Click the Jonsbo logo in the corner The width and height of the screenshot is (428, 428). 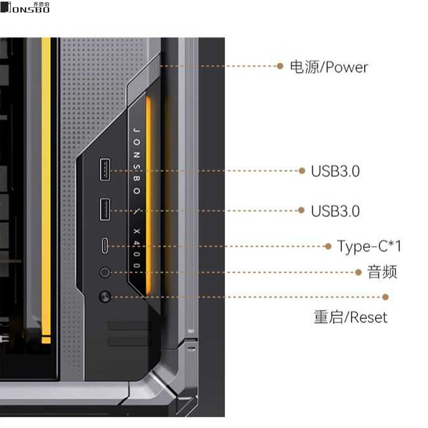tap(25, 7)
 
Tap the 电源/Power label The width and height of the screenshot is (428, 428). tap(329, 67)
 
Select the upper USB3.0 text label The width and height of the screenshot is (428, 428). tap(335, 171)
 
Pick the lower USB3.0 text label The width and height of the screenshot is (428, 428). tap(335, 211)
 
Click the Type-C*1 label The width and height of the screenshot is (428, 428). tap(369, 246)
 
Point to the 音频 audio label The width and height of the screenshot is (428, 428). tap(382, 272)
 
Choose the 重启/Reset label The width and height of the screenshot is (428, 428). tap(350, 317)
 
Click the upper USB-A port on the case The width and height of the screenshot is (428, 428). tap(105, 169)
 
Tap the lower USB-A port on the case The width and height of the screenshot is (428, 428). tap(105, 210)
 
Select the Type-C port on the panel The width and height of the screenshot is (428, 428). tap(105, 246)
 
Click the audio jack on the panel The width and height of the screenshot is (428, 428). tap(105, 272)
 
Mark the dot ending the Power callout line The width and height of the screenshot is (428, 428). tap(280, 66)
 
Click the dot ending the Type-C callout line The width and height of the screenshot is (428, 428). tap(328, 246)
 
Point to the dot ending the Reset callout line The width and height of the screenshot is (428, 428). tap(385, 297)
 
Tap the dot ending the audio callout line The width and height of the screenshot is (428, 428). tap(358, 272)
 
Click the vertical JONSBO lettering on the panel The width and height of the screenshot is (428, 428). tap(136, 160)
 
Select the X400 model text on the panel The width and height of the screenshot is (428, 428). tap(136, 248)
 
